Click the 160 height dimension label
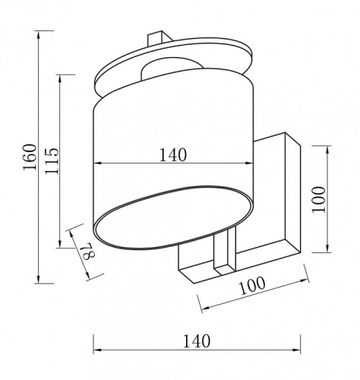point(30,157)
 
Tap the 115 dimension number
point(52,160)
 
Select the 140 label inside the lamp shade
point(173,155)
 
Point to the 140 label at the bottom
point(197,341)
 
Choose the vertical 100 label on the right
point(318,200)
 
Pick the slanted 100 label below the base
point(252,286)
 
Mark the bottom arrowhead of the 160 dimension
point(39,280)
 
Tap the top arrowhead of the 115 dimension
point(60,79)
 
